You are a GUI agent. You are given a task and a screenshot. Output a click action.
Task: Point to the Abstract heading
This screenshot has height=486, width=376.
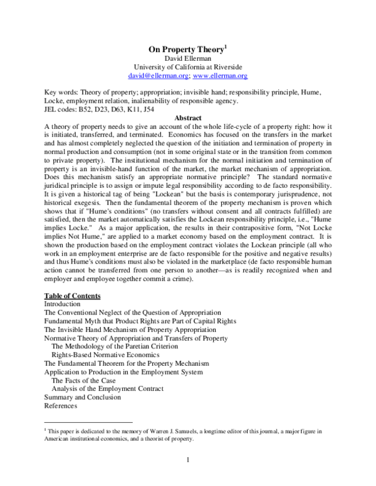[x=188, y=118]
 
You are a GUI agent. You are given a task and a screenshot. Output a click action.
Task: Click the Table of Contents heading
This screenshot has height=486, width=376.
[x=72, y=295]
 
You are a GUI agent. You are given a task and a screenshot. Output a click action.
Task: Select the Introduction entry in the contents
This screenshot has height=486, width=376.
[x=62, y=304]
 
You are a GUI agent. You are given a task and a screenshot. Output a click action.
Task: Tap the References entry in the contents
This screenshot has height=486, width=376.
[x=60, y=405]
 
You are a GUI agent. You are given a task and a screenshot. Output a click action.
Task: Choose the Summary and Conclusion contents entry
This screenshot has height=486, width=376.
[x=82, y=397]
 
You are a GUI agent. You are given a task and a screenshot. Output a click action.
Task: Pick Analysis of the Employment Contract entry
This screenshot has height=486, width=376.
[x=108, y=388]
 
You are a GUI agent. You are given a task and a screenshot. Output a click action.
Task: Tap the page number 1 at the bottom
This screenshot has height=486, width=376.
[x=188, y=462]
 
